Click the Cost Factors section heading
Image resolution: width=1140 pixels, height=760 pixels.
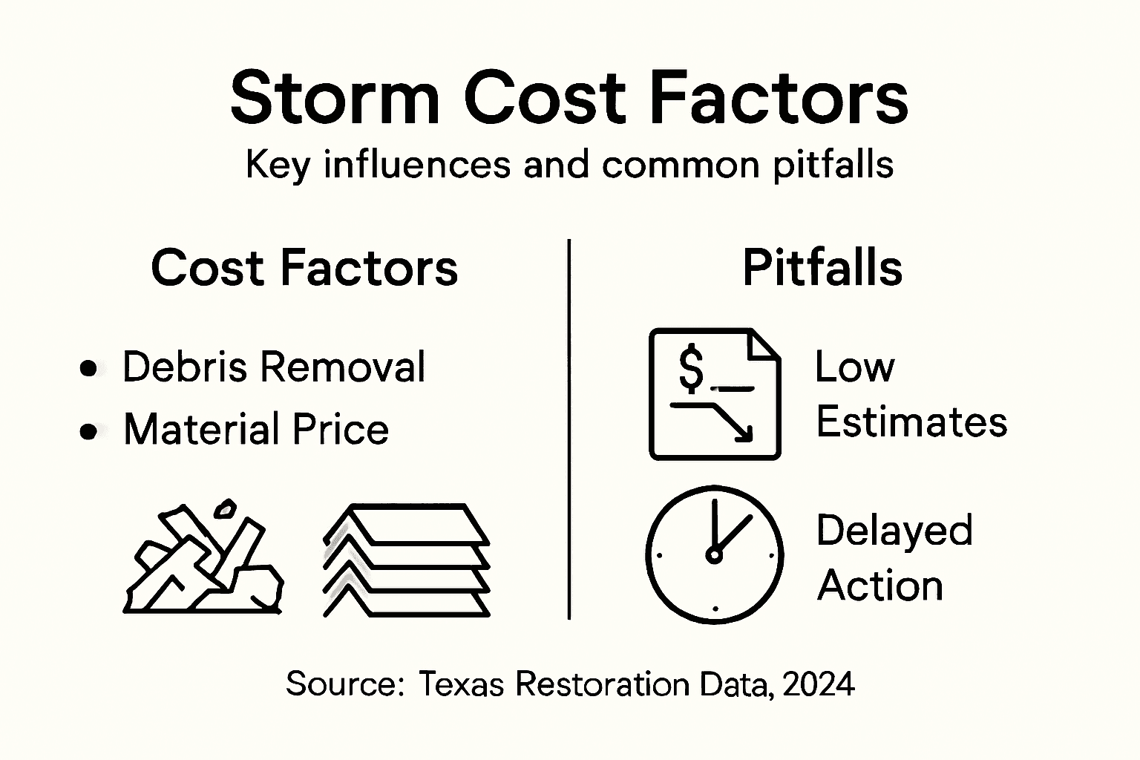coord(304,268)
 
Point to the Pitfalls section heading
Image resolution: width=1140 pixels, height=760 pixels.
coord(822,268)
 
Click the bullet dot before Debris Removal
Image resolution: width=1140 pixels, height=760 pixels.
coord(89,368)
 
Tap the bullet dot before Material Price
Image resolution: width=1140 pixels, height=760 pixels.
coord(89,431)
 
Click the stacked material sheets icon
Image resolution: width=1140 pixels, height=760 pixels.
coord(407,561)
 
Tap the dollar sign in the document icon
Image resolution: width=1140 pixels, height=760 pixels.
coord(691,368)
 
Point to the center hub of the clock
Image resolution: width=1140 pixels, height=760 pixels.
coord(714,554)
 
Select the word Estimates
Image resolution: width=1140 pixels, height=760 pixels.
coord(911,422)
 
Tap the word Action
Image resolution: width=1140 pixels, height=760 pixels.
coord(879,586)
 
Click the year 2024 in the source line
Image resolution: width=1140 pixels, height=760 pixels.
coord(818,684)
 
